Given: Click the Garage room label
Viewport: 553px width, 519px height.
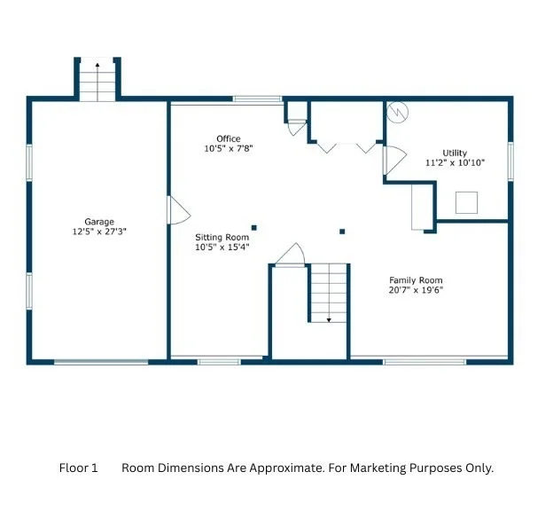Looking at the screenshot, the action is coord(99,222).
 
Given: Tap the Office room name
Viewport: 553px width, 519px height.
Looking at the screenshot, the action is coord(229,138).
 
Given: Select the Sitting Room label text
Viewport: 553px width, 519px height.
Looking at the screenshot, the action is coord(222,237).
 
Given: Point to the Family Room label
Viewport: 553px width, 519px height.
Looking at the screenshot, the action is coord(416,280).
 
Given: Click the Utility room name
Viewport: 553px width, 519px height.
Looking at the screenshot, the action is coord(455,153).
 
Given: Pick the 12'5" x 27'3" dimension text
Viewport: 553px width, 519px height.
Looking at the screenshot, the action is coord(99,232).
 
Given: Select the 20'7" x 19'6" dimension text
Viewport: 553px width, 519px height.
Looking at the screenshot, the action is coord(416,290).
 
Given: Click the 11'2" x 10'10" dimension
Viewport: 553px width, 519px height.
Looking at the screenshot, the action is coord(455,162).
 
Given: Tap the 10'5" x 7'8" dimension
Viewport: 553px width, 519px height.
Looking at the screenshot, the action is coord(229,149).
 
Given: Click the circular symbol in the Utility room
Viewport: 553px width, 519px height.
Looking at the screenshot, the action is coord(397,113).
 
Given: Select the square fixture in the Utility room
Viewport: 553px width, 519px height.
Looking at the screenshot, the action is coord(466,202).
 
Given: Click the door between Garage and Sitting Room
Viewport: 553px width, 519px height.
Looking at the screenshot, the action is coord(178,210).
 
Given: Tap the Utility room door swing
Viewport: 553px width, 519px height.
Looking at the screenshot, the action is coord(395,160).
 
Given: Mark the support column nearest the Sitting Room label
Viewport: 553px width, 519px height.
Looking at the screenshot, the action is coord(254,228).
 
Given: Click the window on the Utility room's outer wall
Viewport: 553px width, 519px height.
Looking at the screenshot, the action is coord(510,161).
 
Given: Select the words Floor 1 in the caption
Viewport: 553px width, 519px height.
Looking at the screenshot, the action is coord(78,468).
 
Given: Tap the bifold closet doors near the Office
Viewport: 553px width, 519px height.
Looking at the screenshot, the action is coord(347,148).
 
